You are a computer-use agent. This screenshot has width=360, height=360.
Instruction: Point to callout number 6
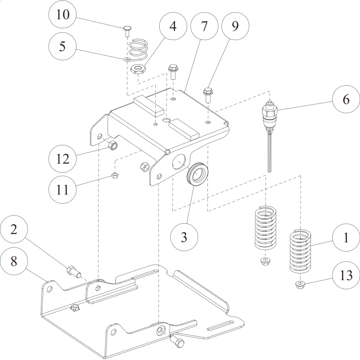coord(346,99)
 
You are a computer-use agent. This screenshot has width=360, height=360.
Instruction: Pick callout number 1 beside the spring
coord(346,238)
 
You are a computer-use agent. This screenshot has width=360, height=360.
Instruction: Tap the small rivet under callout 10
coord(127,31)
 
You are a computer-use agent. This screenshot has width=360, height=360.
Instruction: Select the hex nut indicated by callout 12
coord(113,145)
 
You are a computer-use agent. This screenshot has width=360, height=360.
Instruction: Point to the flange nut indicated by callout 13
coord(299,284)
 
